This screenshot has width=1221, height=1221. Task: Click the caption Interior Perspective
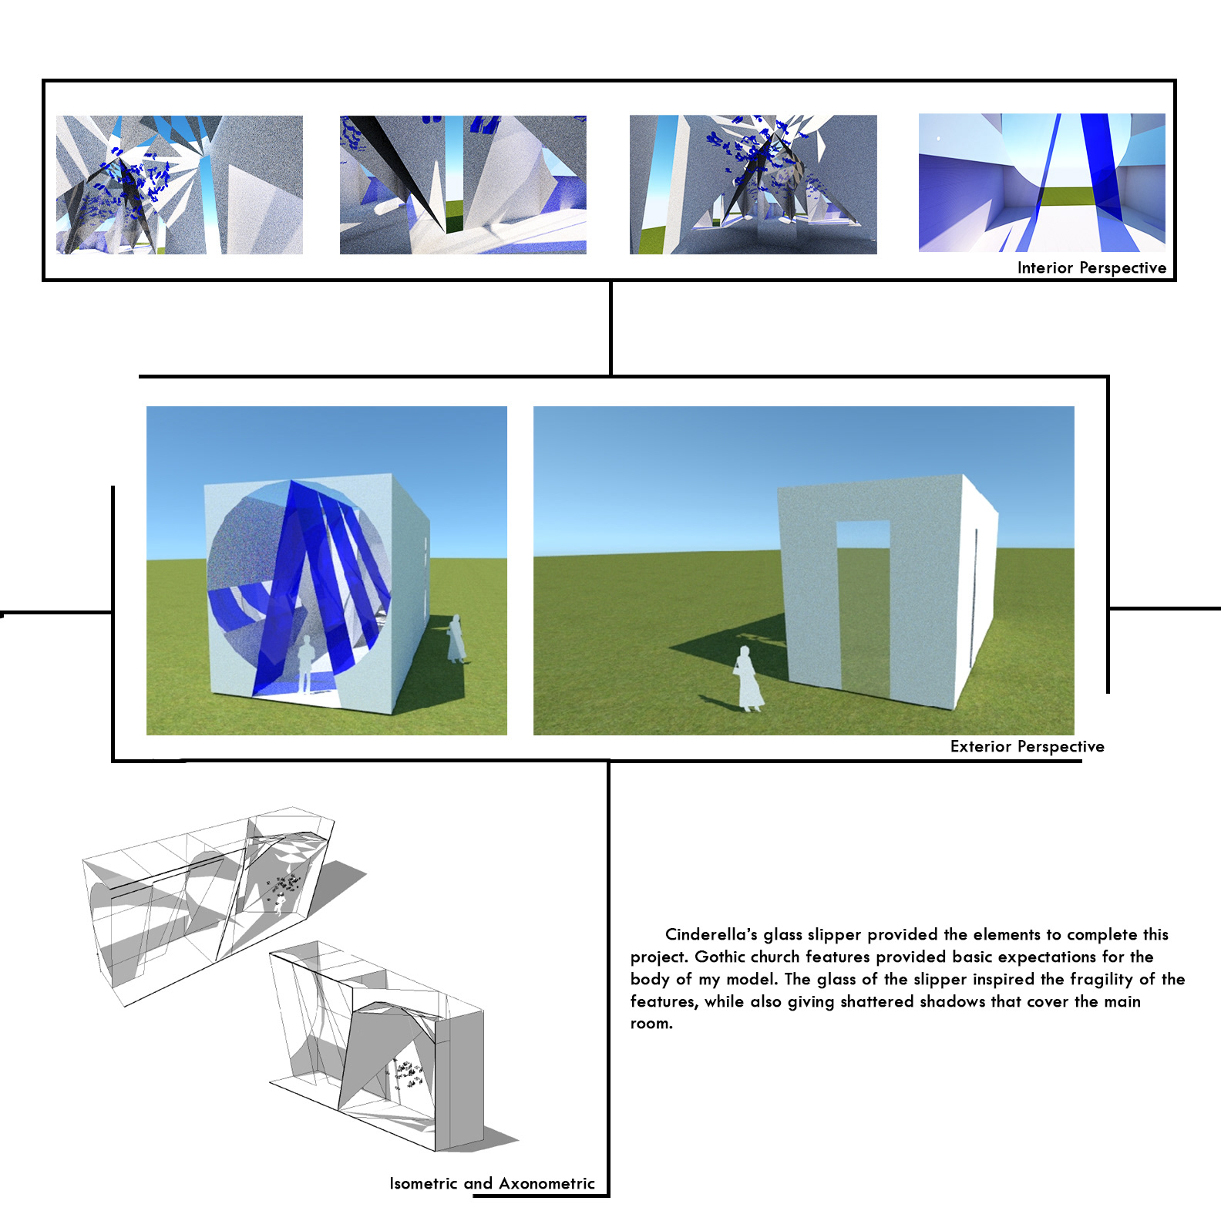tap(1091, 267)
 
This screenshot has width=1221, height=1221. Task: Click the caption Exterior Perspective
tap(1027, 746)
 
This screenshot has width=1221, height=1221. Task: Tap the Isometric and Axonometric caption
tap(492, 1183)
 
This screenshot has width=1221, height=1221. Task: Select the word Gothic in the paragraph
tap(720, 957)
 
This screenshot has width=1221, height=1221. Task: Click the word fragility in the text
tap(1102, 979)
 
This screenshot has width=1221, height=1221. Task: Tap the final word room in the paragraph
tap(651, 1024)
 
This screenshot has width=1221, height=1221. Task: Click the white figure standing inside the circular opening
tap(305, 664)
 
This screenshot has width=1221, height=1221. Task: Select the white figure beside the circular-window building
tap(456, 638)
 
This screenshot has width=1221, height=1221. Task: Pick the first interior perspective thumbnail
tap(180, 185)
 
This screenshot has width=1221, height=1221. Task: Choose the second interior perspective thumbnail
tap(463, 185)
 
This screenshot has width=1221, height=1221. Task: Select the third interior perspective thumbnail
tap(753, 185)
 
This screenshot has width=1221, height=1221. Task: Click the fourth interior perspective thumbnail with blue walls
tap(1042, 183)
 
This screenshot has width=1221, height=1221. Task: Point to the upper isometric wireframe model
tap(224, 906)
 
